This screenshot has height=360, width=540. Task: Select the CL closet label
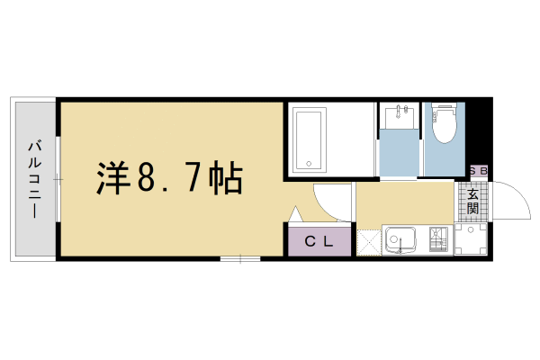[319, 241]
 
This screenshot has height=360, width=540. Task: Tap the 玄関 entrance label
[473, 200]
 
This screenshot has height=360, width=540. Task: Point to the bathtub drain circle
[308, 165]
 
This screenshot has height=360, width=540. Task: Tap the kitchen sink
[400, 240]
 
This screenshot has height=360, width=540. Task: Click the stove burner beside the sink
[438, 240]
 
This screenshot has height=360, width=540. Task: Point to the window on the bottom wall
[239, 259]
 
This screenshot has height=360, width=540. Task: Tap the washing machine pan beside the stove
[469, 239]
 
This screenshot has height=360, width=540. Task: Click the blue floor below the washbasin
[400, 153]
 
